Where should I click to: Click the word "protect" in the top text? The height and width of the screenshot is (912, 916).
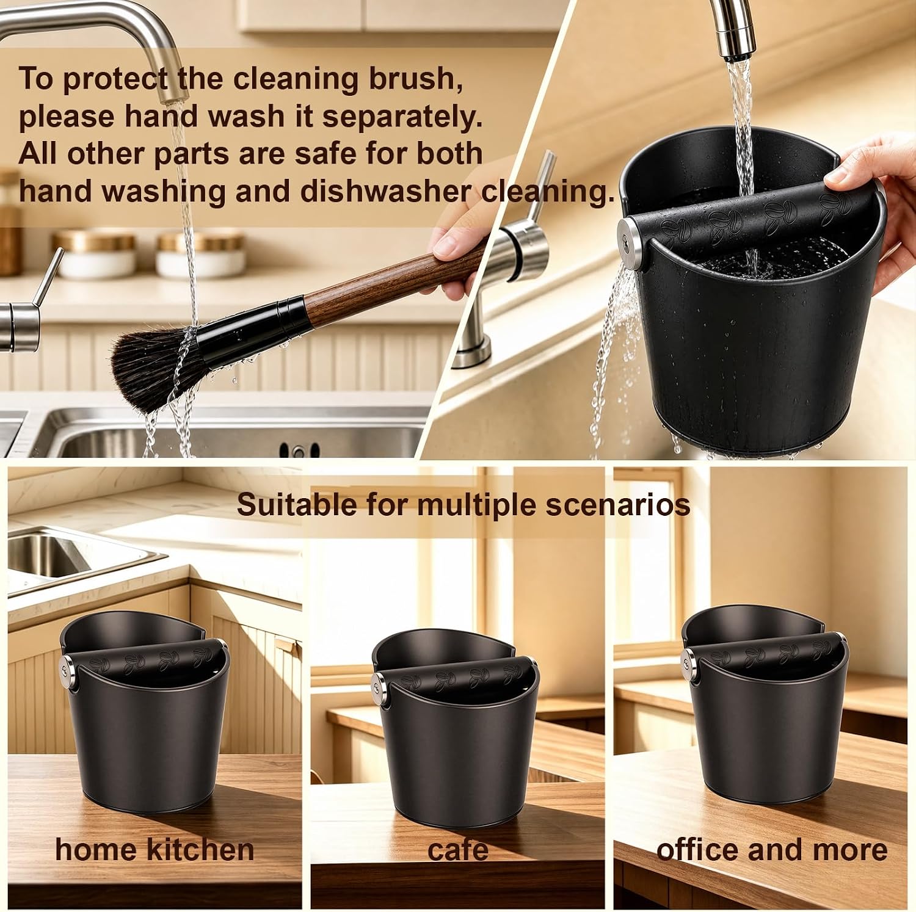pyautogui.click(x=115, y=78)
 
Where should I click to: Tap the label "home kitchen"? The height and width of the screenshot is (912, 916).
pyautogui.click(x=154, y=849)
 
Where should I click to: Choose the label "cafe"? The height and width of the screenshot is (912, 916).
pyautogui.click(x=458, y=850)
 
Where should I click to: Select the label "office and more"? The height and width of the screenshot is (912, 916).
pyautogui.click(x=772, y=849)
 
